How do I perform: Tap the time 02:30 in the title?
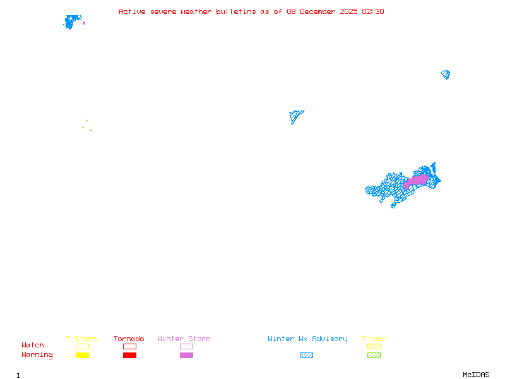pyautogui.click(x=373, y=11)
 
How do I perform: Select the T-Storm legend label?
pyautogui.click(x=81, y=339)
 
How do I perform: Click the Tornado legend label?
pyautogui.click(x=129, y=339)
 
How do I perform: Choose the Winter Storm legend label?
pyautogui.click(x=184, y=339)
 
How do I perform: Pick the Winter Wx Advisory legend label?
pyautogui.click(x=307, y=339)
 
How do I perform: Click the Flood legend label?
pyautogui.click(x=374, y=339)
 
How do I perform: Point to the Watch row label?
pyautogui.click(x=33, y=346)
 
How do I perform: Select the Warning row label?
pyautogui.click(x=37, y=355)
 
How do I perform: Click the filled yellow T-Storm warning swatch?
pyautogui.click(x=82, y=356)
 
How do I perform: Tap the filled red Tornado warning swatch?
pyautogui.click(x=129, y=356)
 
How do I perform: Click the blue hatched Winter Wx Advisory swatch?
pyautogui.click(x=306, y=356)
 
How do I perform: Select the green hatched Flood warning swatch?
pyautogui.click(x=374, y=356)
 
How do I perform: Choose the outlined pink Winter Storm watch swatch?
pyautogui.click(x=186, y=347)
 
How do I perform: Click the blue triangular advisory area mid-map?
pyautogui.click(x=295, y=116)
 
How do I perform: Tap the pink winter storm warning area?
pyautogui.click(x=416, y=180)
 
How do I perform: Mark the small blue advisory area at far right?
pyautogui.click(x=446, y=75)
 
